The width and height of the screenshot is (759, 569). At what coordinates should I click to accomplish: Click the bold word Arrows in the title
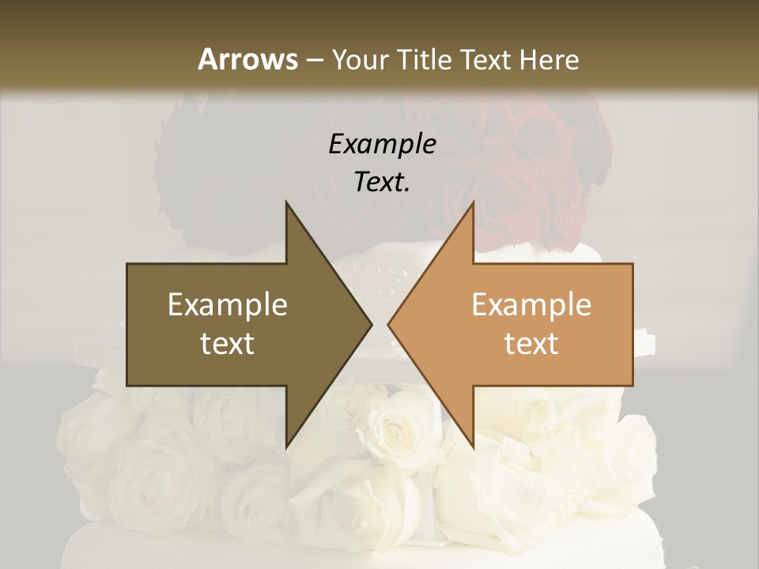tap(247, 59)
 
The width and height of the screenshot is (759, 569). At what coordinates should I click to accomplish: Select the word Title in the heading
tap(425, 59)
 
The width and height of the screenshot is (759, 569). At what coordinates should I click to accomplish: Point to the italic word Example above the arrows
tap(382, 144)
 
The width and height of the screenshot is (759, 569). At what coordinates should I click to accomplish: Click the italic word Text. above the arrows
tap(382, 182)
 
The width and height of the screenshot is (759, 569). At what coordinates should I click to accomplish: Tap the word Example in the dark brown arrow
tap(228, 305)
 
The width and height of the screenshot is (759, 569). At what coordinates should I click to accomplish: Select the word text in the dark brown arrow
tap(228, 344)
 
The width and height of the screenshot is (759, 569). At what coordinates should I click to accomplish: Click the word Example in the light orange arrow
tap(531, 305)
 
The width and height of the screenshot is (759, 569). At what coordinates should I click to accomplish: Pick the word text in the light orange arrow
tap(531, 344)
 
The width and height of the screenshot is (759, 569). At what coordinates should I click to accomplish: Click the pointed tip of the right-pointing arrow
tap(372, 324)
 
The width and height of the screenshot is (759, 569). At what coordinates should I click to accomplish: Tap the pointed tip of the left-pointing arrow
tap(388, 324)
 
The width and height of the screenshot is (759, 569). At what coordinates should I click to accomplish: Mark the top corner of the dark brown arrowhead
tap(286, 202)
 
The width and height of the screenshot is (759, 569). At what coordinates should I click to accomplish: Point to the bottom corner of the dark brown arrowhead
tap(286, 447)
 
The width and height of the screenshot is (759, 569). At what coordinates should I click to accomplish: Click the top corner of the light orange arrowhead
tap(473, 202)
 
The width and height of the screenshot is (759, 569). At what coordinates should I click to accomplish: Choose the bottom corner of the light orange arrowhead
tap(473, 447)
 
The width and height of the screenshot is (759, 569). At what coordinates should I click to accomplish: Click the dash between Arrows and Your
tap(313, 61)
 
